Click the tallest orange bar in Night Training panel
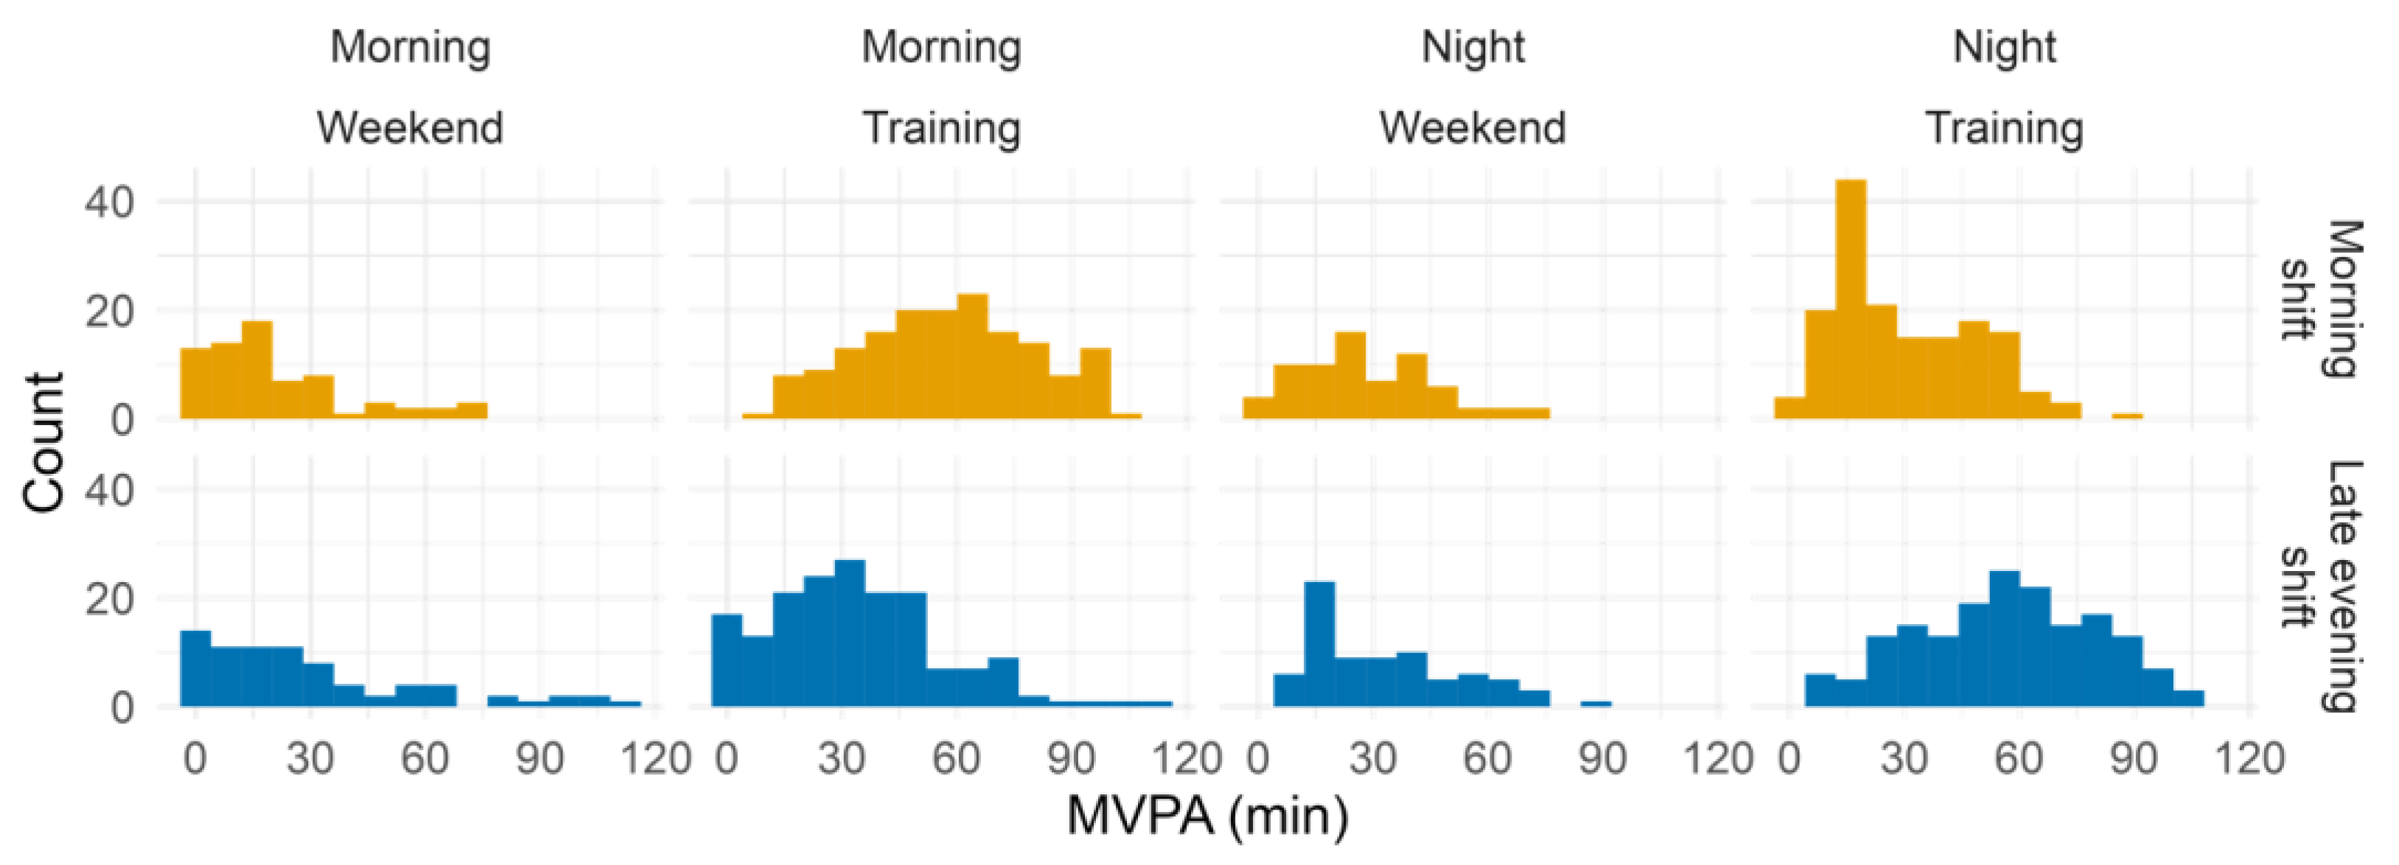click(x=1851, y=298)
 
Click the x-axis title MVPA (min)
click(x=1207, y=816)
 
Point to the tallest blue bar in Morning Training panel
click(x=849, y=633)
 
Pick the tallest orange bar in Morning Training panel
click(x=972, y=356)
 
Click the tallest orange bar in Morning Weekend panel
click(x=256, y=370)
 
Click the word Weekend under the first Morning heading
click(x=410, y=127)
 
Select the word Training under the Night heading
click(x=2004, y=127)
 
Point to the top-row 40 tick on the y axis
click(x=109, y=202)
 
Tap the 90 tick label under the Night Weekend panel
click(x=1602, y=759)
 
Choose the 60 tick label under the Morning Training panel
click(x=957, y=759)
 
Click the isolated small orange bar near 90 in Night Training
click(x=2127, y=416)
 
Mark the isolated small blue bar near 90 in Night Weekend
click(x=1596, y=703)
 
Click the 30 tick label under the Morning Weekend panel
click(x=310, y=759)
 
